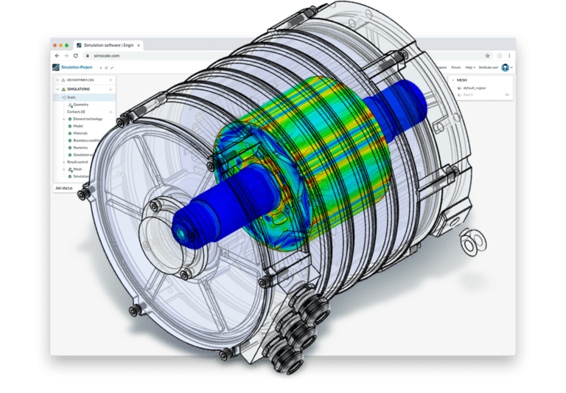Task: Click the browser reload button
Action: click(75, 56)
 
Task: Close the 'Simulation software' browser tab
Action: click(138, 45)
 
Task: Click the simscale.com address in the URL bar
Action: click(106, 56)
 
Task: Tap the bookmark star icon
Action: click(487, 56)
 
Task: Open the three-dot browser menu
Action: click(509, 56)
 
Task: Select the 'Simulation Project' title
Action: click(77, 67)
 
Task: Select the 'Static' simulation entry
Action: click(71, 97)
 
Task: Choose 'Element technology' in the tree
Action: click(88, 119)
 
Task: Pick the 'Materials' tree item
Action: click(81, 133)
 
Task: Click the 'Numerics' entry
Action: click(81, 147)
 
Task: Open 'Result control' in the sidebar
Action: click(78, 161)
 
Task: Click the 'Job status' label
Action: click(63, 188)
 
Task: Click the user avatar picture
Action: click(506, 67)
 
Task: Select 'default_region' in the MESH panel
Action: click(475, 88)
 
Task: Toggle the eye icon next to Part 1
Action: click(506, 94)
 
